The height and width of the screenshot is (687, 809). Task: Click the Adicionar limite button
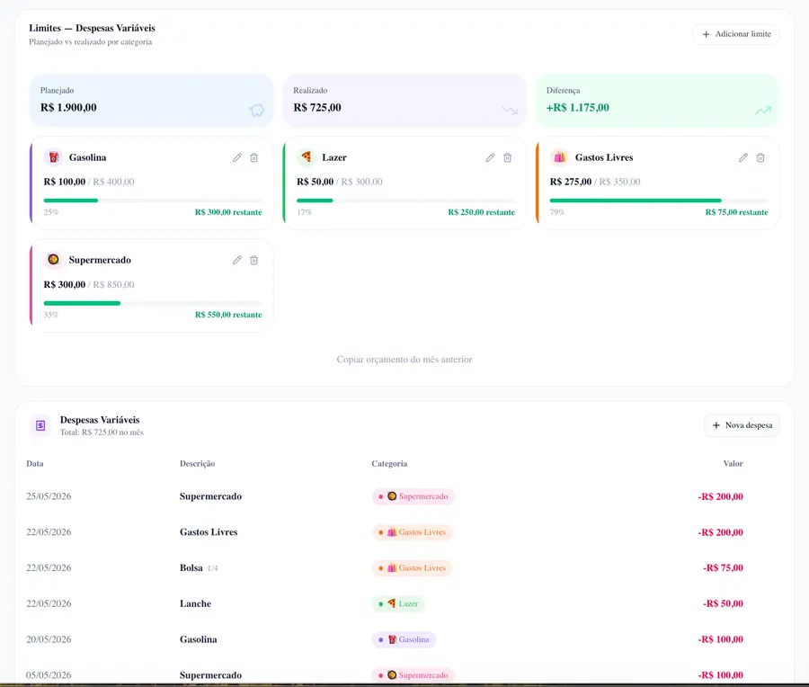click(735, 34)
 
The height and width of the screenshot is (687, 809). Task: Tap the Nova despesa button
click(742, 425)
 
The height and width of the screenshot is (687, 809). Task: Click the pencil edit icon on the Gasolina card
click(236, 157)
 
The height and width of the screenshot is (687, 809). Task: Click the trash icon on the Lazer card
click(507, 157)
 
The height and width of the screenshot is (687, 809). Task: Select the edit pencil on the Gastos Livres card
click(743, 157)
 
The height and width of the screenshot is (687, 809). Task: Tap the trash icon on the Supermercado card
click(253, 260)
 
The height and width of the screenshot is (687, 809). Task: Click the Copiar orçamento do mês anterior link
click(404, 360)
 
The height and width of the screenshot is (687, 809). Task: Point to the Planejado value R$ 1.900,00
click(68, 107)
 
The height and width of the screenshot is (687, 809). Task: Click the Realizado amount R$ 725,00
click(317, 107)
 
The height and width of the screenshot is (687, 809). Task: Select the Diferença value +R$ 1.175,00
click(578, 107)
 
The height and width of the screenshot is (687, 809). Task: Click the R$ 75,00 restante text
click(736, 212)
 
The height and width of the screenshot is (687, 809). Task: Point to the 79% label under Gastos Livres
click(557, 212)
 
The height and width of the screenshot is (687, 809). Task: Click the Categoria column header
click(389, 463)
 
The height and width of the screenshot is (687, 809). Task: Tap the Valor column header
click(733, 463)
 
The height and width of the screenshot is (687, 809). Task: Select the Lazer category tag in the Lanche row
click(398, 603)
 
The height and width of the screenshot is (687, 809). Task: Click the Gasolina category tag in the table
click(404, 639)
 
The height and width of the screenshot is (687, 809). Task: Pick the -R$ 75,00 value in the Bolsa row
click(723, 567)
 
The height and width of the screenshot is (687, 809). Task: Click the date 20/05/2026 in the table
click(49, 639)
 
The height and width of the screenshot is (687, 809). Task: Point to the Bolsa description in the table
click(191, 567)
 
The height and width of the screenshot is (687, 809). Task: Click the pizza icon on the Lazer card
click(306, 156)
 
